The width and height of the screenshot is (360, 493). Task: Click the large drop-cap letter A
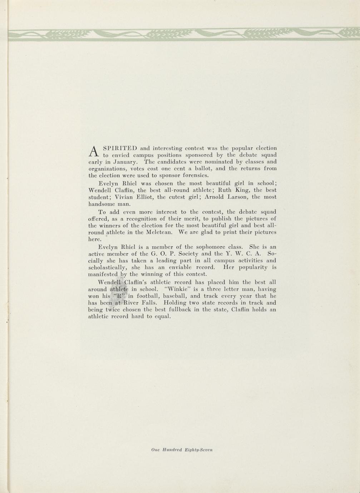[x=93, y=151]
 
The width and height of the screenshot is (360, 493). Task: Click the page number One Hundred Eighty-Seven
[x=182, y=450]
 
